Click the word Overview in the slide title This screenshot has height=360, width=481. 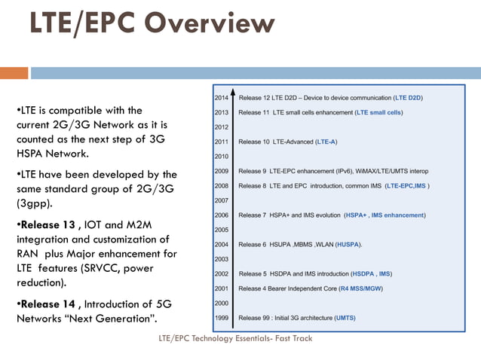210,23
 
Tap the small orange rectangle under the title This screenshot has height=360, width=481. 14,73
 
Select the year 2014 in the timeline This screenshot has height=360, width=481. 221,98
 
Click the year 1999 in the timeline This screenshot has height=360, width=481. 221,318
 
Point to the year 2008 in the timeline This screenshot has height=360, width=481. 221,185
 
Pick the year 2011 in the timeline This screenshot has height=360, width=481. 221,142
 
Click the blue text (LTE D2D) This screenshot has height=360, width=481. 408,98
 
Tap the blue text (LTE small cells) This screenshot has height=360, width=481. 379,112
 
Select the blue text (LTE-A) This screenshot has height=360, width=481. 326,142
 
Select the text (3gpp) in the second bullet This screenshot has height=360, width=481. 34,203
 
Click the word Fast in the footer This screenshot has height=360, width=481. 282,338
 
